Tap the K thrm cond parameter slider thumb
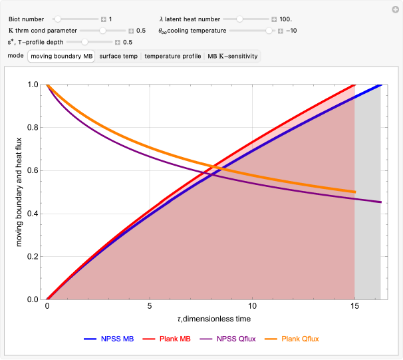click(x=102, y=31)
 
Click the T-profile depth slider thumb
click(x=84, y=42)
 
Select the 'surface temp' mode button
click(x=118, y=57)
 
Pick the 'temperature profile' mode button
click(x=173, y=57)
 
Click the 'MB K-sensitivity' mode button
click(x=233, y=57)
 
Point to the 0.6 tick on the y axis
click(x=33, y=171)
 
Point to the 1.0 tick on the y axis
click(x=33, y=85)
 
